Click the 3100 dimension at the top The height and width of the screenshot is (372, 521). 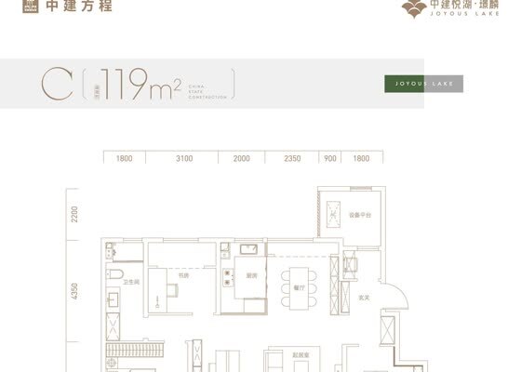click(184, 159)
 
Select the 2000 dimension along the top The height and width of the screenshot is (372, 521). click(242, 159)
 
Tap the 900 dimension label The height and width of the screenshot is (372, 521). click(329, 159)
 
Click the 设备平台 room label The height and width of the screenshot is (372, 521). click(360, 215)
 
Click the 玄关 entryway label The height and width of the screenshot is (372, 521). click(366, 298)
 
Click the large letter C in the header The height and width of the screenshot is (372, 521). click(53, 85)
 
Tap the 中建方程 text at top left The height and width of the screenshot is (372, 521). click(68, 13)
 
